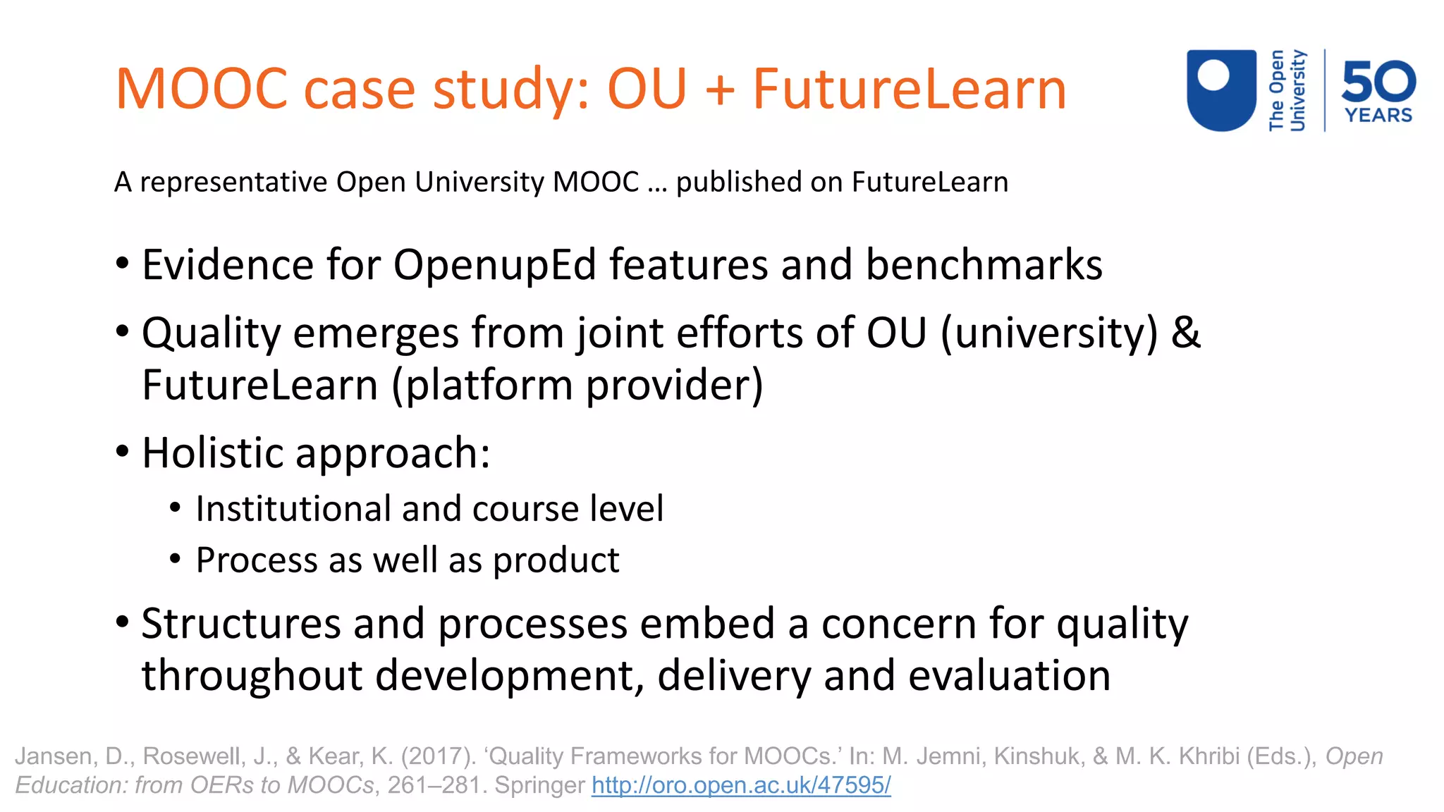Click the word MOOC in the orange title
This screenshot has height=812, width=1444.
click(x=202, y=89)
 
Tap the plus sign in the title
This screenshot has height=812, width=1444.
click(x=719, y=90)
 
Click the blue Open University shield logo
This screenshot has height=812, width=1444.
click(x=1221, y=90)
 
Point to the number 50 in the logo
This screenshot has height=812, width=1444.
click(x=1378, y=81)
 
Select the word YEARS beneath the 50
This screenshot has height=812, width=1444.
click(x=1378, y=116)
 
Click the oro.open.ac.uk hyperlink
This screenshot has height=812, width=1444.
click(x=741, y=785)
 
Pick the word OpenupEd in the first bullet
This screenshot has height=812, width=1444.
click(x=494, y=266)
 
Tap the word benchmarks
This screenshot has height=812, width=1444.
click(x=984, y=266)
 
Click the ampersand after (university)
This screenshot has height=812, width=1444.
click(x=1185, y=333)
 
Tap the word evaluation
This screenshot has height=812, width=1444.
click(x=1009, y=675)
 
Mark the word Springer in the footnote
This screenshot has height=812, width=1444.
click(x=539, y=785)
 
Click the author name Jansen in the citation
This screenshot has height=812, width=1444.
click(x=54, y=756)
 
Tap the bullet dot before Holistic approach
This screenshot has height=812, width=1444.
click(x=123, y=452)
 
